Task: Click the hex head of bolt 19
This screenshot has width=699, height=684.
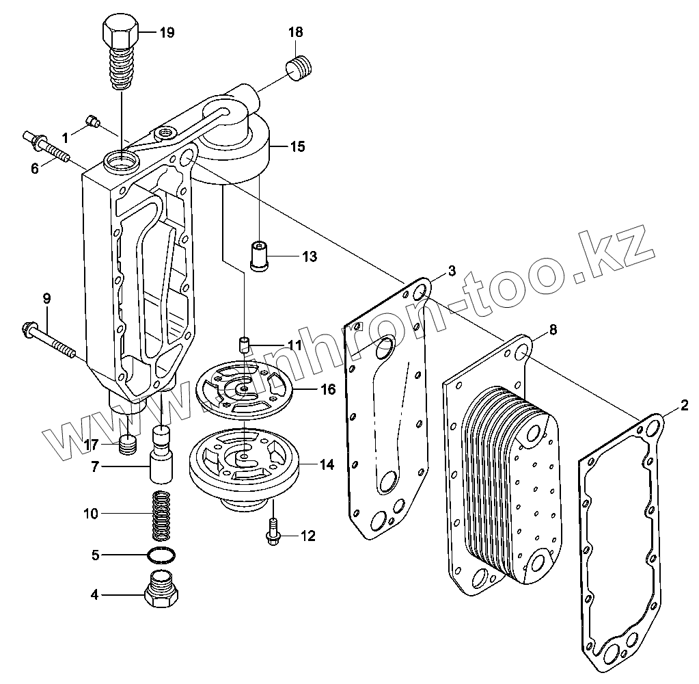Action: pyautogui.click(x=120, y=31)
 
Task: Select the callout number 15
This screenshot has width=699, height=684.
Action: pyautogui.click(x=297, y=146)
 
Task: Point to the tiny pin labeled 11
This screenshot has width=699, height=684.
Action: pyautogui.click(x=244, y=343)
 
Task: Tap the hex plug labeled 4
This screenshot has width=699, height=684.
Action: pyautogui.click(x=162, y=592)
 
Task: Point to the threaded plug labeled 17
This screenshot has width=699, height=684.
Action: pyautogui.click(x=127, y=445)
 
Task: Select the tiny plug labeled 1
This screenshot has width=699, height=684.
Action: pyautogui.click(x=93, y=122)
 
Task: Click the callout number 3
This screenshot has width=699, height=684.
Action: pyautogui.click(x=452, y=272)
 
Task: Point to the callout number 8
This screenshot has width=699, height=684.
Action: pyautogui.click(x=553, y=330)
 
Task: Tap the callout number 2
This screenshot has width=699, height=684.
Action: pyautogui.click(x=684, y=408)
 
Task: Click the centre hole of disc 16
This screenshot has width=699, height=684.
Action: pyautogui.click(x=244, y=389)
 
